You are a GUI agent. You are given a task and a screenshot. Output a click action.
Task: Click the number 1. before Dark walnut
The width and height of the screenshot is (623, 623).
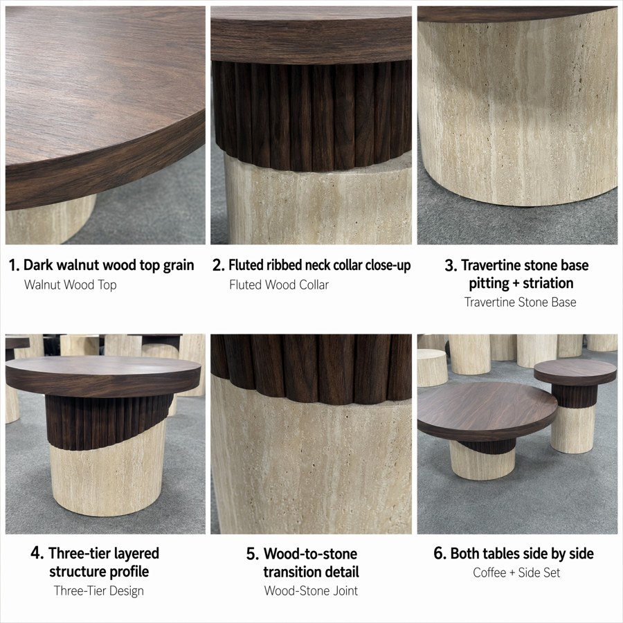pyautogui.click(x=14, y=265)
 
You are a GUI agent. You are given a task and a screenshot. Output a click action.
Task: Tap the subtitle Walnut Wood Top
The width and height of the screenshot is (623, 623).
pyautogui.click(x=71, y=285)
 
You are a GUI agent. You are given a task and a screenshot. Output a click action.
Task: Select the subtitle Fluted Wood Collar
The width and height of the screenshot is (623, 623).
pyautogui.click(x=279, y=285)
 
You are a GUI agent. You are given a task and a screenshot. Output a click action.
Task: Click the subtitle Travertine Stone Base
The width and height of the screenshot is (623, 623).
pyautogui.click(x=520, y=303)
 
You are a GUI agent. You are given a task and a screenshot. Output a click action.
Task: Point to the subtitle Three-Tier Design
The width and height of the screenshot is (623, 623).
pyautogui.click(x=99, y=591)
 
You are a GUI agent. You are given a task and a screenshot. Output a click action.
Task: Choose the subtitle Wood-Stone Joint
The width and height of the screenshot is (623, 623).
pyautogui.click(x=311, y=591)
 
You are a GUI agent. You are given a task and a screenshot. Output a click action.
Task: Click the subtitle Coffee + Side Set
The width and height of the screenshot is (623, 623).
pyautogui.click(x=516, y=572)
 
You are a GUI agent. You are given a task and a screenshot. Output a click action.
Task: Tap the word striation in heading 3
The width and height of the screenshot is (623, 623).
pyautogui.click(x=548, y=283)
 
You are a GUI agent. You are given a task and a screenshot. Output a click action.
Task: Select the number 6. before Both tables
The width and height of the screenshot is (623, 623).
pyautogui.click(x=440, y=554)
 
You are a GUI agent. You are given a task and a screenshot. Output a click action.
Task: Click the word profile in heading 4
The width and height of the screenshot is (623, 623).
pyautogui.click(x=129, y=572)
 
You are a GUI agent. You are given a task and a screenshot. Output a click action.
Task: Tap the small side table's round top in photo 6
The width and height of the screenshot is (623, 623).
pyautogui.click(x=575, y=372)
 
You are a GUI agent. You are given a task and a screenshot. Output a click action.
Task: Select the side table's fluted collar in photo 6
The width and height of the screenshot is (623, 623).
pyautogui.click(x=575, y=396)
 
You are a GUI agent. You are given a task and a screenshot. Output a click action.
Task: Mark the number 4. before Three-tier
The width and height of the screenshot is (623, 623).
pyautogui.click(x=37, y=553)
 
